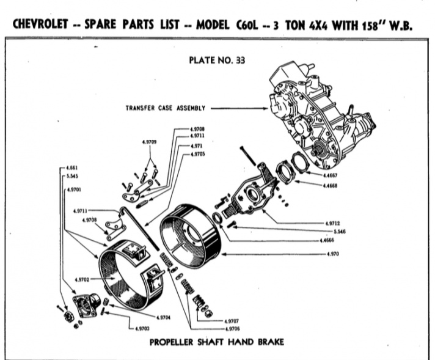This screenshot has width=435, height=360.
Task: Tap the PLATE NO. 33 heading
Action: click(x=217, y=60)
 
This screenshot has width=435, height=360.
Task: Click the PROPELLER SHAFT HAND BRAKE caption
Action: click(x=217, y=342)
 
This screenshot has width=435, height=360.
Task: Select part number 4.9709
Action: click(x=149, y=142)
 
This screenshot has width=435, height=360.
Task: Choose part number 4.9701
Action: click(x=73, y=188)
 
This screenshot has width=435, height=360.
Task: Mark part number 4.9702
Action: click(x=83, y=279)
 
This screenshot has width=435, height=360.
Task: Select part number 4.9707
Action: click(x=232, y=321)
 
